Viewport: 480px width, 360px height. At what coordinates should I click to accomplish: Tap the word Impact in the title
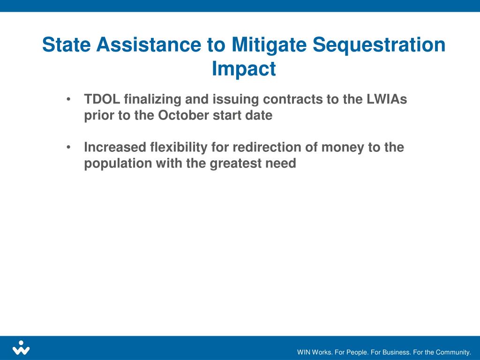coord(244,68)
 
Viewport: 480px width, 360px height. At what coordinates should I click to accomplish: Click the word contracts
coord(289,99)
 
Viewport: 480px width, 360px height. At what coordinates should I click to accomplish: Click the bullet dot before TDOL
coord(69,99)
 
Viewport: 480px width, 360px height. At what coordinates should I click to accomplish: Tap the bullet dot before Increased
coord(69,148)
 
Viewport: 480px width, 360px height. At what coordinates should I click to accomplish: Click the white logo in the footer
coord(21,348)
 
